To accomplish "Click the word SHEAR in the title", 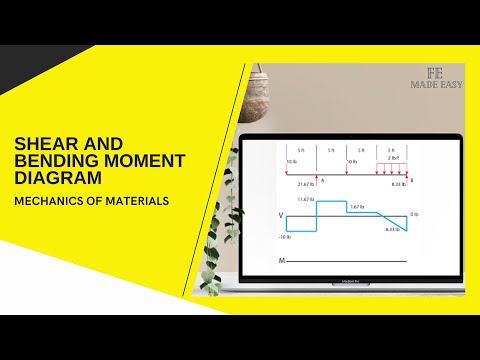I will click(42, 145).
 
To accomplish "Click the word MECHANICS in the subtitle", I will click(47, 201).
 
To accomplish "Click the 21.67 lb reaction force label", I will click(305, 184).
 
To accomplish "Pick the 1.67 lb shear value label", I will click(356, 206).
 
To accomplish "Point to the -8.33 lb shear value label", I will click(391, 230).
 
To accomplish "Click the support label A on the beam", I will click(322, 181).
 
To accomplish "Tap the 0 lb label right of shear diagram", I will click(414, 215).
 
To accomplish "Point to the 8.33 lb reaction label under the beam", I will click(397, 184).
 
